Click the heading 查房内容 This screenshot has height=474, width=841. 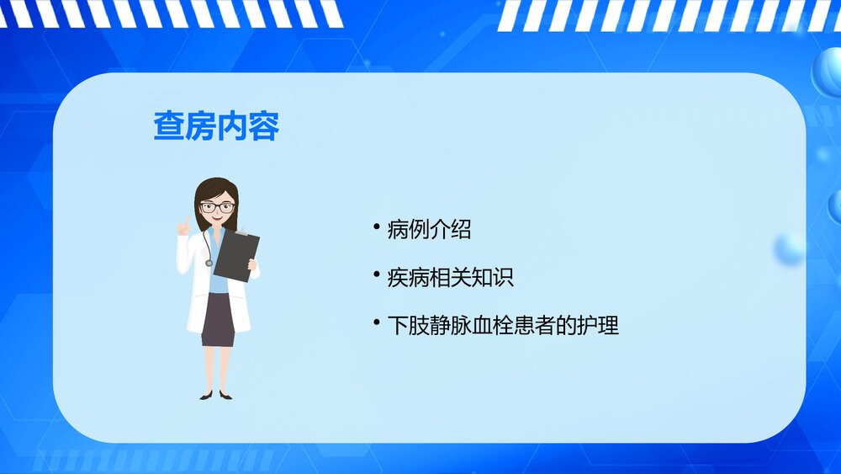[216, 126]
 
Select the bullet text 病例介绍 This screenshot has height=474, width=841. [429, 229]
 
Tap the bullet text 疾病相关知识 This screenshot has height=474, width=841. [450, 277]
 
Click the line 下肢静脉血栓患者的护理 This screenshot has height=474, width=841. [503, 325]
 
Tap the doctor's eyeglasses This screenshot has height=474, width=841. [216, 206]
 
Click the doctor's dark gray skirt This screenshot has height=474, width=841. [218, 321]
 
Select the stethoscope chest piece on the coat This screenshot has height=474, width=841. [209, 263]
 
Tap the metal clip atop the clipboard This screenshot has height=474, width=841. [242, 232]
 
